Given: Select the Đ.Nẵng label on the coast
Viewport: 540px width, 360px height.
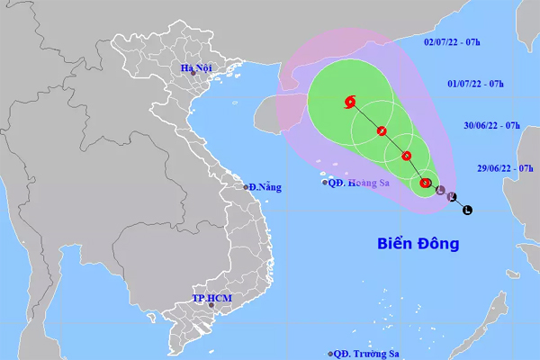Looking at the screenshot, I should tap(265, 187).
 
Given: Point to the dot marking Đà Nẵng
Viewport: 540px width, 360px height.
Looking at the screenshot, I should tap(246, 187).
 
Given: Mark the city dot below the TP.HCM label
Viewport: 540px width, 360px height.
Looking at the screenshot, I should tap(213, 306).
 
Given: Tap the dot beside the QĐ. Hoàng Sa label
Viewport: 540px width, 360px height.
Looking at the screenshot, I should tap(326, 182).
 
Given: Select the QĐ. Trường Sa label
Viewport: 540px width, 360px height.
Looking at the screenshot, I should tap(367, 354).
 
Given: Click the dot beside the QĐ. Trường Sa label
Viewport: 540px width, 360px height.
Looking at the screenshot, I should tap(331, 354).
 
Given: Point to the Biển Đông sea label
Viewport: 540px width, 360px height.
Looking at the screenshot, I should tap(417, 243).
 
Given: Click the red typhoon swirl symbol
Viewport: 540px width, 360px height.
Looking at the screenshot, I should tap(349, 102).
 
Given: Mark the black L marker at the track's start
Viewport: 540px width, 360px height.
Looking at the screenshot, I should tap(466, 211).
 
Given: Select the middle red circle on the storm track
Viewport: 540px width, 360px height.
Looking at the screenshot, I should tap(406, 156).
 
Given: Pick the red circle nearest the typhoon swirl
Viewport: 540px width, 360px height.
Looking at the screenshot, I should tap(382, 131).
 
